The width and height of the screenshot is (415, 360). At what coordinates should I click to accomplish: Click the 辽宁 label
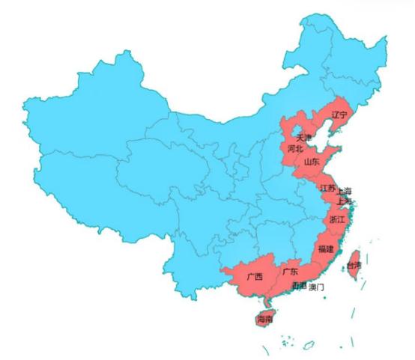(x=339, y=115)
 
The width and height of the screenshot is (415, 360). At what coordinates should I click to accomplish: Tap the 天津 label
(x=303, y=138)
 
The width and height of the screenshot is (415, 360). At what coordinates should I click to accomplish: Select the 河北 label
(x=295, y=149)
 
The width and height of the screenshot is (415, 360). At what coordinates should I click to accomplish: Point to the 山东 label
(x=312, y=161)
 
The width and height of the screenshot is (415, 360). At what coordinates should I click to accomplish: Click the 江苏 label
(x=327, y=188)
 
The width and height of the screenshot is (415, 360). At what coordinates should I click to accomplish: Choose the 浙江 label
(x=337, y=219)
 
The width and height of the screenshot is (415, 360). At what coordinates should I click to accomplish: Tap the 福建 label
(x=326, y=248)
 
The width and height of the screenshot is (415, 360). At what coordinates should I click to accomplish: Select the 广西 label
(x=255, y=277)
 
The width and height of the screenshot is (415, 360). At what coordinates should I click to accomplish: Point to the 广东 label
(x=289, y=272)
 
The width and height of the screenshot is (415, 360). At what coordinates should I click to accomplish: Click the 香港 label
(x=299, y=287)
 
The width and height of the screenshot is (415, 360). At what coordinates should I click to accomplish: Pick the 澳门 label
(x=317, y=287)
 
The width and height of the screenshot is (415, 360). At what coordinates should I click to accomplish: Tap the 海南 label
(x=264, y=320)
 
